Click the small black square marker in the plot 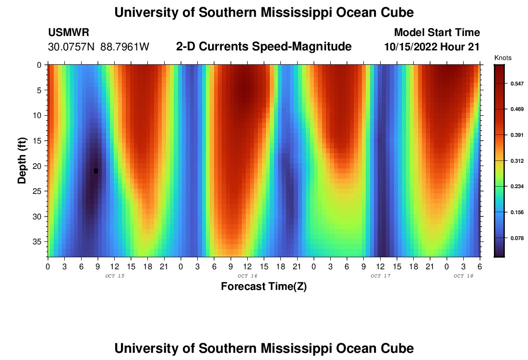(96, 171)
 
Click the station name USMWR (68, 33)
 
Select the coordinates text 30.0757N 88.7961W (99, 47)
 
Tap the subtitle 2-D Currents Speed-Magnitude (264, 47)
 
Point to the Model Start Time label (436, 33)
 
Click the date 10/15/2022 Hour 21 (432, 47)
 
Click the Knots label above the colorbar (503, 58)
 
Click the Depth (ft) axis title (22, 160)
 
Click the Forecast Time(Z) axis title (264, 287)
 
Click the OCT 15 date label (114, 276)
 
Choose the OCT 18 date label (463, 276)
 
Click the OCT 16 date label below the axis (247, 276)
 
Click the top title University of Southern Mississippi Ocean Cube (264, 12)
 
